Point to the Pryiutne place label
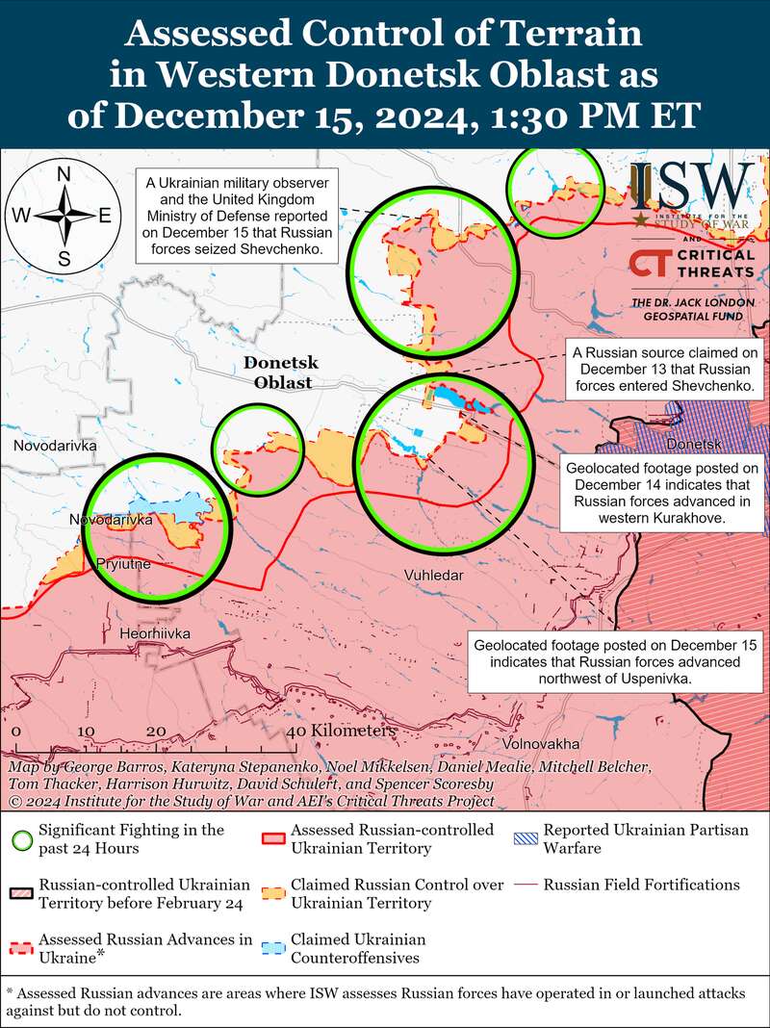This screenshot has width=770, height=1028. tap(123, 564)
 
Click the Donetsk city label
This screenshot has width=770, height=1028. tap(693, 446)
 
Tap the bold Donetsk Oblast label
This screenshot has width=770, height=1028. tap(281, 373)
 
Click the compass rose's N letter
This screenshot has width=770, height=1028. tap(64, 174)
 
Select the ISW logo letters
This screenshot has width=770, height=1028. tap(693, 185)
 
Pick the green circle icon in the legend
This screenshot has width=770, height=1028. tap(18, 837)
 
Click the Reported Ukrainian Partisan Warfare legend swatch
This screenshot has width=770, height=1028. tap(525, 837)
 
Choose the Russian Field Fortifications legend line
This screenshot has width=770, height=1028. tap(525, 885)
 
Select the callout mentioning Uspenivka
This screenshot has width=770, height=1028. tap(615, 661)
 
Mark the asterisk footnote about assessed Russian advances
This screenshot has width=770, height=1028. tap(385, 1001)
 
